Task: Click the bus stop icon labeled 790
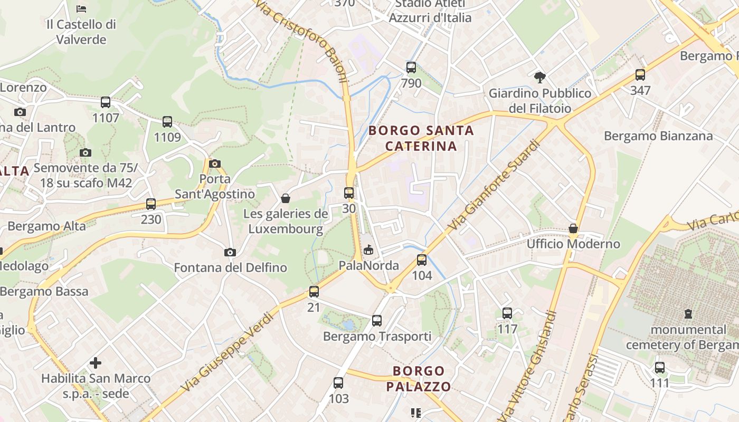411,68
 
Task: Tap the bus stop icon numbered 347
640,75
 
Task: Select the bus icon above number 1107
106,102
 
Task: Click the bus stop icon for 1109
167,122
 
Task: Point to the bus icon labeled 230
151,204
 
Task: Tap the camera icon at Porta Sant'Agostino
214,164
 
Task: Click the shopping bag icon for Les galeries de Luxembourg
286,198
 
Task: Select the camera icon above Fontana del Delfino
230,252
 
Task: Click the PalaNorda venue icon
368,250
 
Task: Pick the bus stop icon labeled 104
421,260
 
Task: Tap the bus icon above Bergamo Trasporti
376,320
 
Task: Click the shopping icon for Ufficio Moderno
573,228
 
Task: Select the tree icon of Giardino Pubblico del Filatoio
539,78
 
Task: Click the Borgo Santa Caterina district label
421,138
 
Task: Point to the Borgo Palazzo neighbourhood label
419,379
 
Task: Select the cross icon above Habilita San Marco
96,363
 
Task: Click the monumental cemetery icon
688,314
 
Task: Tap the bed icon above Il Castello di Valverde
81,8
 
